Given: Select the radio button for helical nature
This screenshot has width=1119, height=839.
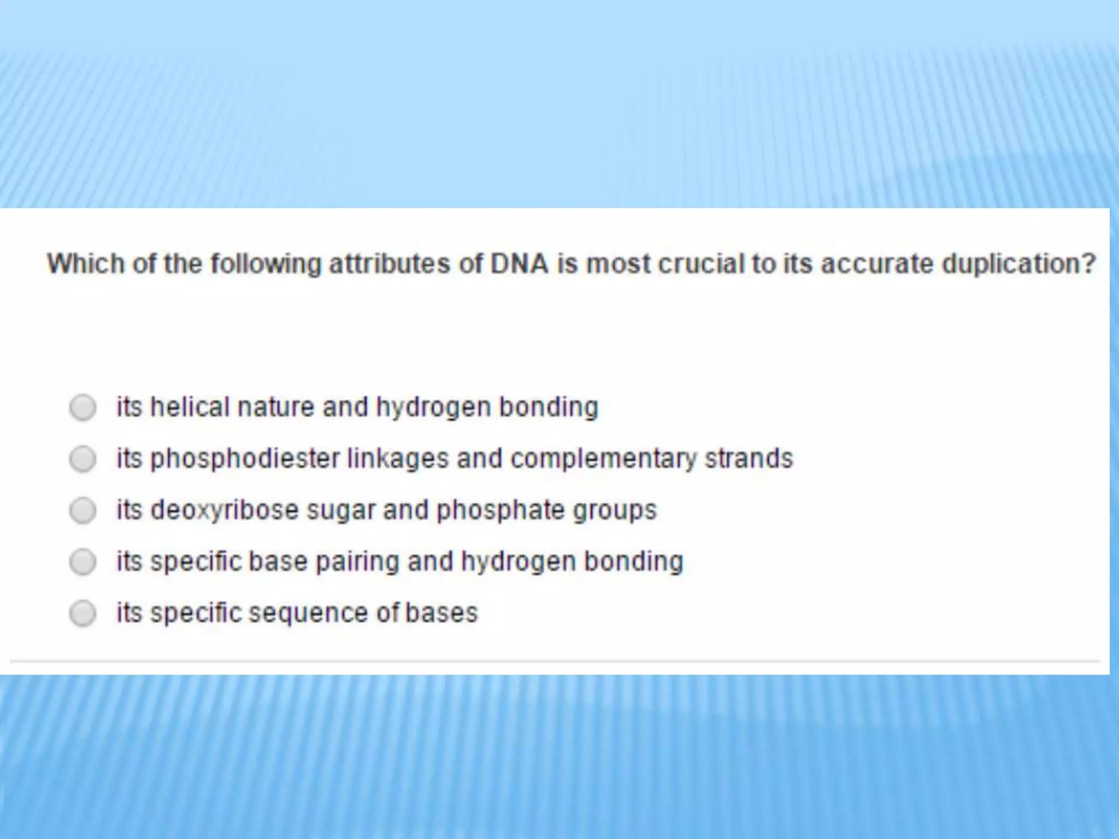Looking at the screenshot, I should (x=83, y=407).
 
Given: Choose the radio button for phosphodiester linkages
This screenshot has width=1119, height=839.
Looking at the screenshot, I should (x=83, y=459).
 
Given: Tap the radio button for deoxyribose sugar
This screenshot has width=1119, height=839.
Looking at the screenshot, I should (x=83, y=510).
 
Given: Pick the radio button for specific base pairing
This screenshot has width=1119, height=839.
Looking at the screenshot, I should (x=83, y=562).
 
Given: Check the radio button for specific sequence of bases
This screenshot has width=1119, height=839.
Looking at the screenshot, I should (x=83, y=613).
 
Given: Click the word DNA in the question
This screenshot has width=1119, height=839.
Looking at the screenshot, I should (x=519, y=264).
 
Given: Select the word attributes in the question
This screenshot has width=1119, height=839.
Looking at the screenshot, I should (x=390, y=264).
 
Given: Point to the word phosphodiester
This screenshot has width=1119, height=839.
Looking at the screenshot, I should (x=245, y=459).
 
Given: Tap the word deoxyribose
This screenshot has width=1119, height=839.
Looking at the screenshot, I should (x=225, y=510).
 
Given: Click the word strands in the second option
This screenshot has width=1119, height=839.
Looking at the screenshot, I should (x=749, y=459).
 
